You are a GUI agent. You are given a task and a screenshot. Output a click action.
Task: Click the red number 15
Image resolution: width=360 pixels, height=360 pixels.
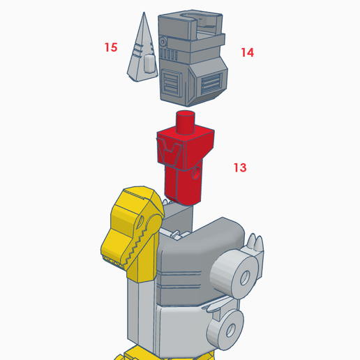click(x=111, y=47)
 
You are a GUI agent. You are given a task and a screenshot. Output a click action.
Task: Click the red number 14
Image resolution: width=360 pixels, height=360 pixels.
click(x=247, y=52)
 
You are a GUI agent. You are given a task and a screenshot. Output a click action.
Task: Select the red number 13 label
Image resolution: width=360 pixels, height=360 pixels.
click(x=240, y=167)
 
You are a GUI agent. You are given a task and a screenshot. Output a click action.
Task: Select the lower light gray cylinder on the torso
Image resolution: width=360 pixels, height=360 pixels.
click(x=227, y=328)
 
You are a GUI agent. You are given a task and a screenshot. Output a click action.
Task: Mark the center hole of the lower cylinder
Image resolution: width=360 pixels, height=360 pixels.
click(x=232, y=327)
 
